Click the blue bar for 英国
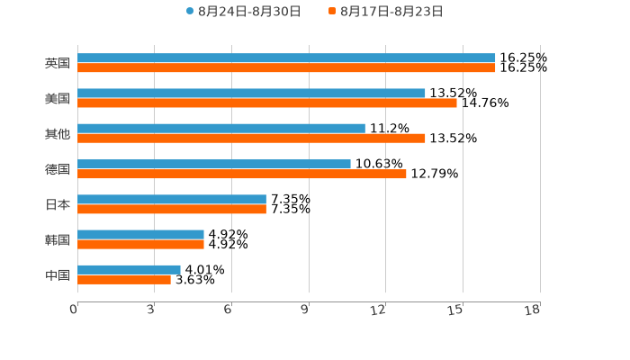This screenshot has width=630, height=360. point(286,58)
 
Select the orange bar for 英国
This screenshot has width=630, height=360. point(286,67)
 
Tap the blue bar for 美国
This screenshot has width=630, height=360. point(251,93)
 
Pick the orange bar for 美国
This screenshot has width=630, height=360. point(267,103)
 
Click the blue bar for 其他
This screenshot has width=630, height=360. point(221,128)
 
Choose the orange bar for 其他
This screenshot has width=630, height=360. point(251,138)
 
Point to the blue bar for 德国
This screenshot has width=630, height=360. point(214,164)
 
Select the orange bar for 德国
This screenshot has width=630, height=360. point(242,174)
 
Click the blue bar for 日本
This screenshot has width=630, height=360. point(172,199)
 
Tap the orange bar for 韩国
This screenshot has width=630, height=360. point(140,244)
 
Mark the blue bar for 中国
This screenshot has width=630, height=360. point(129,269)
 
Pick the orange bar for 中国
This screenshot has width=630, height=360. point(124,279)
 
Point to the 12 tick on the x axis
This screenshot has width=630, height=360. point(379,310)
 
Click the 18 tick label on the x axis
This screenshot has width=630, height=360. point(533,310)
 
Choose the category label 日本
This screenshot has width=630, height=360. point(58,204)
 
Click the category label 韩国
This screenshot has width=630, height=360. point(58,239)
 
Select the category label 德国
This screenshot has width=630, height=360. point(58,169)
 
